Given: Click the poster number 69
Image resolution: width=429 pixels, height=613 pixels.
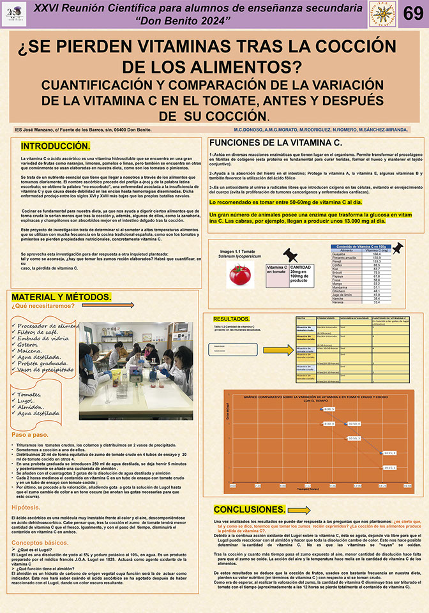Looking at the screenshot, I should point(412,15).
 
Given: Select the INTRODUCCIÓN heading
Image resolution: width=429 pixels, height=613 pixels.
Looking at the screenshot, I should point(56,146).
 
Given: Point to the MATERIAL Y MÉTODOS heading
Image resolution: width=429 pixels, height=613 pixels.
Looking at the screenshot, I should point(61,298).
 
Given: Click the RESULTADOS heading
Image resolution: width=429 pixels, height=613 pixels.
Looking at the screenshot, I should point(231,319).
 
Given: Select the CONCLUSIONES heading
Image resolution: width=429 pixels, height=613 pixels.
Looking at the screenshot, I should point(250,509).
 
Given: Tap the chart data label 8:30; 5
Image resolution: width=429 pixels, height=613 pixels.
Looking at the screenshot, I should point(329,409).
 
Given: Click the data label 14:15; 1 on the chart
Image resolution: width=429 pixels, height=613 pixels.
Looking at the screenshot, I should point(391,467).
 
